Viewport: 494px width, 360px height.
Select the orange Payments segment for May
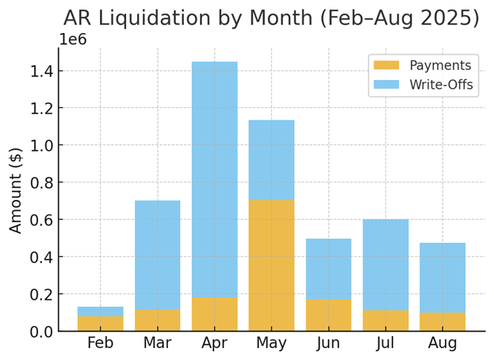pos(271,265)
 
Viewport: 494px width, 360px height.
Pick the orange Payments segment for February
pos(100,324)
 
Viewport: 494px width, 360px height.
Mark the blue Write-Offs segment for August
pos(442,277)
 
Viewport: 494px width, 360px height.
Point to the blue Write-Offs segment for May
pos(271,159)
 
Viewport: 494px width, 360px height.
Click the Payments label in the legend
pos(439,66)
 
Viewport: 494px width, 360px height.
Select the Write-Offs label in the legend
pos(440,84)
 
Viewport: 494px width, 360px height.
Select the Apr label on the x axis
pos(214,344)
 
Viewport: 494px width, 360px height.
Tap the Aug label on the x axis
pos(442,344)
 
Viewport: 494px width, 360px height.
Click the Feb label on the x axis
pos(100,344)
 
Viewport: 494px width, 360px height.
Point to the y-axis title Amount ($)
pos(16,190)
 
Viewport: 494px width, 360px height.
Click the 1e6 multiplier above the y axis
pos(74,40)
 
